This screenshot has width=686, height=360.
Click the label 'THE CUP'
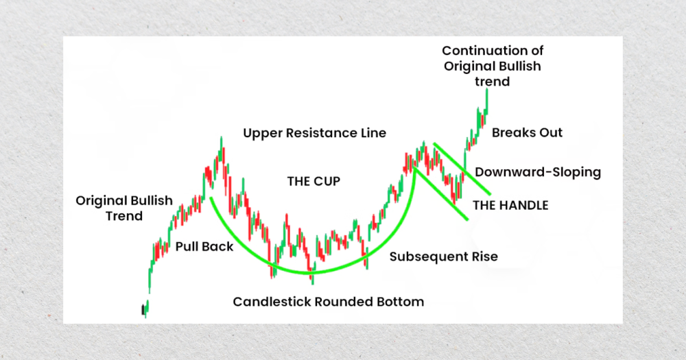pyautogui.click(x=314, y=182)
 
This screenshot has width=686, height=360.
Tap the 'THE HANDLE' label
pyautogui.click(x=510, y=204)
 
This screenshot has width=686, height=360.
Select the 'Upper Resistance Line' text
pyautogui.click(x=314, y=133)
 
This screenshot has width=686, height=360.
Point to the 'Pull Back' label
pyautogui.click(x=204, y=246)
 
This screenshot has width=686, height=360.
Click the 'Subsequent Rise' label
pyautogui.click(x=443, y=257)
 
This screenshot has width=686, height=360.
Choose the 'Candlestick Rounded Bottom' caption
pyautogui.click(x=328, y=302)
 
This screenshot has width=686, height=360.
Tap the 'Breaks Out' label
pyautogui.click(x=527, y=133)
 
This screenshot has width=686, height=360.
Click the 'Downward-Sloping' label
pyautogui.click(x=538, y=172)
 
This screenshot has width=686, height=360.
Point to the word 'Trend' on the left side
pyautogui.click(x=124, y=216)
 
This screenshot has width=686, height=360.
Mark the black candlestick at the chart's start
pyautogui.click(x=143, y=310)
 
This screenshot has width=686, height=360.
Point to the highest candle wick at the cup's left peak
pyautogui.click(x=221, y=141)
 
